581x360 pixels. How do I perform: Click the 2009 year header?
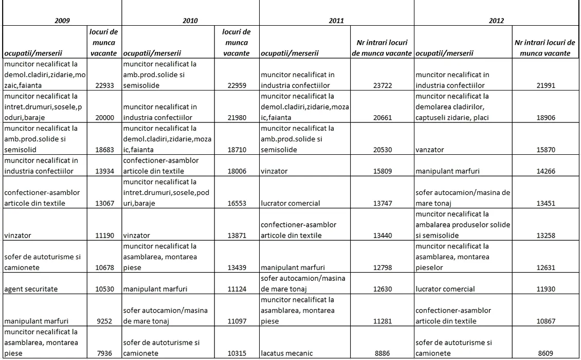62,21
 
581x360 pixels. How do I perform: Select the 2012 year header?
497,21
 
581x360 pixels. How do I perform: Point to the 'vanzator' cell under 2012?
430,150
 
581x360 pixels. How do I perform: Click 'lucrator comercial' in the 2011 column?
291,203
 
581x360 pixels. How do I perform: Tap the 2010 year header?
190,21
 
